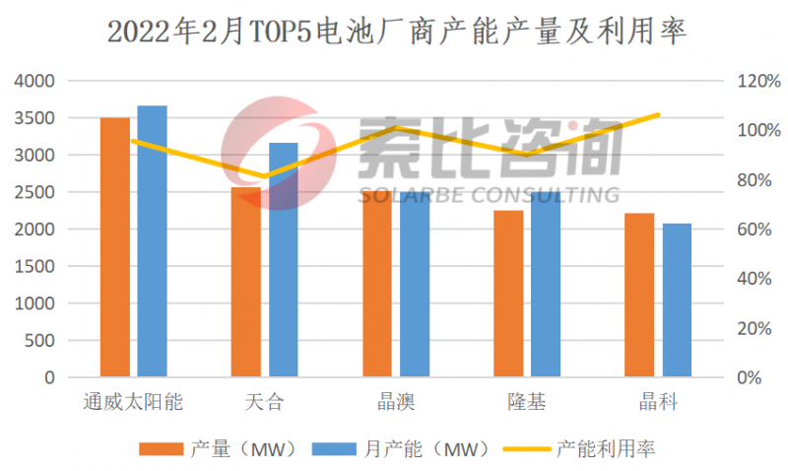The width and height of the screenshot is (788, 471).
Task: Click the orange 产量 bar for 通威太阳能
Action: [x=115, y=246]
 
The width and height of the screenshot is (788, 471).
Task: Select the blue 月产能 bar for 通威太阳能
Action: [x=152, y=240]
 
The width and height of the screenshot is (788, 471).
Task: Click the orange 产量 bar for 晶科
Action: [x=639, y=295]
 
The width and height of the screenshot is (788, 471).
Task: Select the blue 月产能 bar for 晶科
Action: [x=677, y=300]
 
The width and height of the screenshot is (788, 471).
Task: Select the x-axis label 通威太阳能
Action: [x=133, y=402]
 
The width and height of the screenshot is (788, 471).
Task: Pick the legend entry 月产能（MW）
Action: [x=400, y=448]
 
